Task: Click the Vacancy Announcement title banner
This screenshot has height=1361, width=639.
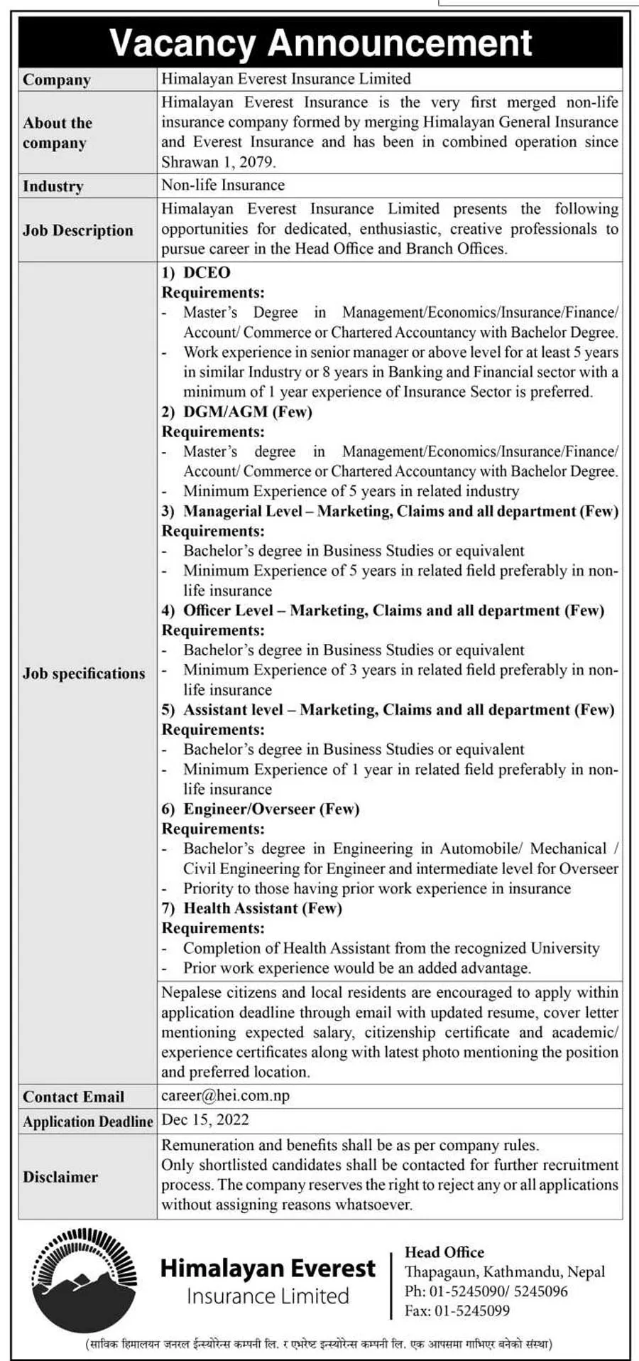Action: pyautogui.click(x=320, y=43)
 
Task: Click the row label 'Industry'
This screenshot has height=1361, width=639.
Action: pyautogui.click(x=53, y=186)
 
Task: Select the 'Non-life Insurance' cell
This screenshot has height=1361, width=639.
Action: pyautogui.click(x=223, y=185)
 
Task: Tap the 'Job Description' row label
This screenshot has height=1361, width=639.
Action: pyautogui.click(x=78, y=230)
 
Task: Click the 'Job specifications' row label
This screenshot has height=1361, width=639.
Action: pyautogui.click(x=84, y=673)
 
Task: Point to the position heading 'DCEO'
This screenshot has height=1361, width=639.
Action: pyautogui.click(x=207, y=272)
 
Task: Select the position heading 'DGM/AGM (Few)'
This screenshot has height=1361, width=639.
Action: pyautogui.click(x=248, y=411)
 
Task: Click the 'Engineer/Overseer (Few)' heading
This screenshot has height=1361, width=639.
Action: pyautogui.click(x=271, y=809)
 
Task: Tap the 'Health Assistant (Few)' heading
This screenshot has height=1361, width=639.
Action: pyautogui.click(x=263, y=908)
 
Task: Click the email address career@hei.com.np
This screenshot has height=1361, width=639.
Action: pyautogui.click(x=226, y=1095)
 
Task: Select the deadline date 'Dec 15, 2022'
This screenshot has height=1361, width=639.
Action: pyautogui.click(x=206, y=1120)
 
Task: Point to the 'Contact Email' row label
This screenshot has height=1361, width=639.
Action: pyautogui.click(x=74, y=1097)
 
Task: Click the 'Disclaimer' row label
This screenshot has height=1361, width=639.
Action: pyautogui.click(x=60, y=1176)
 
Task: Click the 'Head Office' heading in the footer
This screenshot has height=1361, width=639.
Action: pyautogui.click(x=444, y=1252)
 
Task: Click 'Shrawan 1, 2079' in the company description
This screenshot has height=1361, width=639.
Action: pyautogui.click(x=217, y=161)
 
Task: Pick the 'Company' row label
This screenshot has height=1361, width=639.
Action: pyautogui.click(x=57, y=80)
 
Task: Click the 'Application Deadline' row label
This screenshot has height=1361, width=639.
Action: pyautogui.click(x=88, y=1121)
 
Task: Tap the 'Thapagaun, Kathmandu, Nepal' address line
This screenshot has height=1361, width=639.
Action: pyautogui.click(x=505, y=1272)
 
